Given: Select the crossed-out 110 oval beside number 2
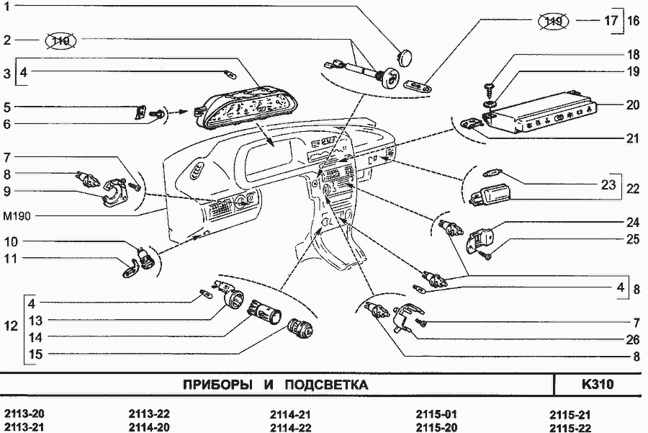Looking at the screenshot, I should [x=61, y=40].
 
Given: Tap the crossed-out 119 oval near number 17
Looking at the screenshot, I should [x=553, y=22].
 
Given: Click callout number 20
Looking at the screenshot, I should [x=632, y=104].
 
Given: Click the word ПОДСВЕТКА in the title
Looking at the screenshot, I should [x=326, y=385].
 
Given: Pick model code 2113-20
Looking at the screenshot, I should [x=24, y=414].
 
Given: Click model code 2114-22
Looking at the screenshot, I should [x=290, y=427].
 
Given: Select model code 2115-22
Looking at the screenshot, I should [x=570, y=427].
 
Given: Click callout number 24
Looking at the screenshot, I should [x=632, y=222].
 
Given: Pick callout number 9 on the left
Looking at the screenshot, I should [x=6, y=192].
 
